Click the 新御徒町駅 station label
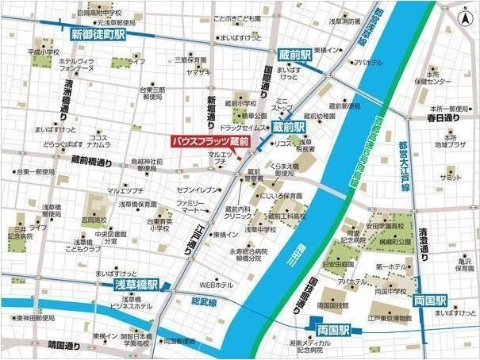click(x=98, y=34)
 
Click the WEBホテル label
click(x=216, y=284)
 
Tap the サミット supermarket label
click(x=451, y=178)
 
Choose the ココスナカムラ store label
click(x=99, y=141)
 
